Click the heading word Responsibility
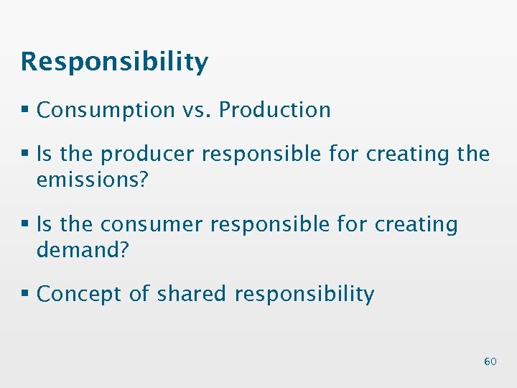(x=114, y=63)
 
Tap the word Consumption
(x=106, y=110)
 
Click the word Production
(x=275, y=110)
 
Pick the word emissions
(x=89, y=179)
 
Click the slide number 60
(x=490, y=361)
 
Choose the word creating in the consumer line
(x=416, y=225)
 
